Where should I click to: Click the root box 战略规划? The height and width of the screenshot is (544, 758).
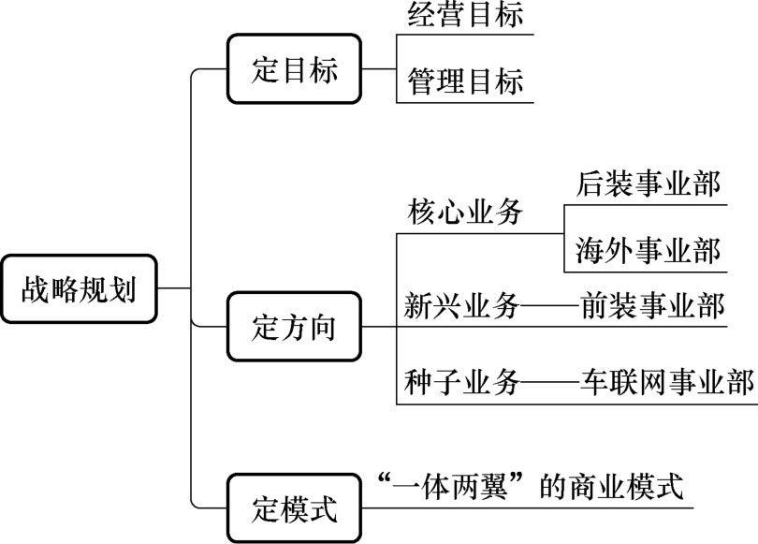[79, 289]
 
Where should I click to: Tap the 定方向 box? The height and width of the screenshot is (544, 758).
[295, 327]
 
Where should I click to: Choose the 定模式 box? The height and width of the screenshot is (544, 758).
[295, 508]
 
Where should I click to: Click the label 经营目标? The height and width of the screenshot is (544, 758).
[465, 17]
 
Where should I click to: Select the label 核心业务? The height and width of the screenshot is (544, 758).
[464, 213]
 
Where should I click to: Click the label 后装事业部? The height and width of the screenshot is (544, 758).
[649, 184]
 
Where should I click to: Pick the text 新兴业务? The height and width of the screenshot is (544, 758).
[461, 305]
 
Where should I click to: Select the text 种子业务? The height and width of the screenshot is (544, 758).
[461, 382]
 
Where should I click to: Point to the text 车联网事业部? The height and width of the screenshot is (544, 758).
[665, 382]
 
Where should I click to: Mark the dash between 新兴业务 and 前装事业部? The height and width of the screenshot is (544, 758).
[548, 306]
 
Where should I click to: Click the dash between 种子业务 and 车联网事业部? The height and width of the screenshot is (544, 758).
[548, 383]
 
